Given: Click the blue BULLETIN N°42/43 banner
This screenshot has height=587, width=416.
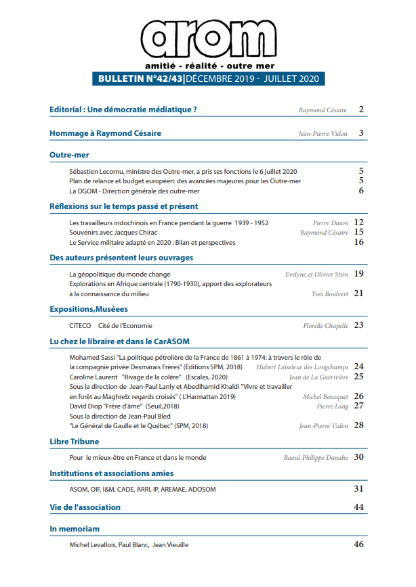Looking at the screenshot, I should [207, 79].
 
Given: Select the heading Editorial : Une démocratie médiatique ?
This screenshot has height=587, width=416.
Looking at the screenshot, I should [123, 110].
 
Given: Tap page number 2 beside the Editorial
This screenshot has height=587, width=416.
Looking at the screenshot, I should [362, 110].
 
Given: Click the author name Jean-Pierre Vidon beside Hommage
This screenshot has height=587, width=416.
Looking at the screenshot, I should [323, 134].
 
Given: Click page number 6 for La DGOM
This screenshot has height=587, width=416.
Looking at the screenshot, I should [362, 191].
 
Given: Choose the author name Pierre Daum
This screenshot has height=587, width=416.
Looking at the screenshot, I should [331, 222].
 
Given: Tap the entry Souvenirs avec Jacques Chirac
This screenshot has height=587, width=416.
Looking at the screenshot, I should [114, 232].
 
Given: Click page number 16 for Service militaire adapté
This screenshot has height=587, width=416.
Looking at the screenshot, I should [359, 242].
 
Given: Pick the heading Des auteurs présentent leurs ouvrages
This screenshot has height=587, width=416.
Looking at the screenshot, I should [121, 258].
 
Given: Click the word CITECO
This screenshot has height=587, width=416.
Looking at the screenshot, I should [81, 325].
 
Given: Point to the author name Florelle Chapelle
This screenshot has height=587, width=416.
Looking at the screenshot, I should [325, 326].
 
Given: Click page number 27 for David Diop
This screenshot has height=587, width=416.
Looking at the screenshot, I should [359, 406].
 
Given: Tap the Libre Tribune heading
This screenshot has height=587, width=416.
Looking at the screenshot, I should [75, 442].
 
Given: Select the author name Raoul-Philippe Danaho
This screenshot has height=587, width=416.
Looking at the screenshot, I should [316, 458].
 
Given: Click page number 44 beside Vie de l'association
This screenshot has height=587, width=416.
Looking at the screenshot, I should [359, 507].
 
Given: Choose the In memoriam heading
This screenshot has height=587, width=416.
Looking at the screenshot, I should [75, 528].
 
